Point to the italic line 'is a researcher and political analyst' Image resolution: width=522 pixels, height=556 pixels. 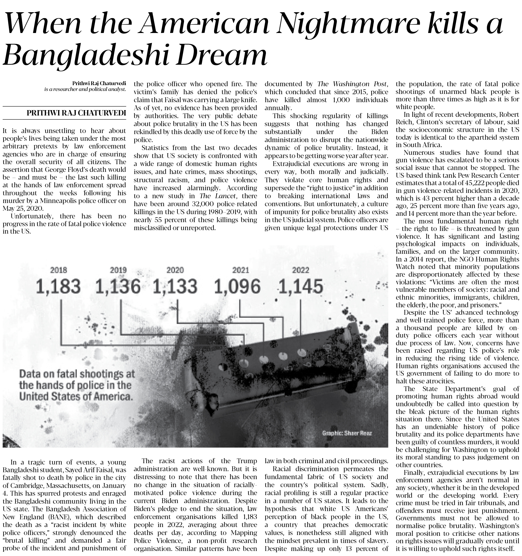coord(85,90)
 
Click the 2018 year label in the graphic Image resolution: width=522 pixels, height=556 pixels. coord(59,270)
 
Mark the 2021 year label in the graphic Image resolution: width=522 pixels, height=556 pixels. coord(241,270)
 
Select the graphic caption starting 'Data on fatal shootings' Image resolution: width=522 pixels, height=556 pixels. coord(77,385)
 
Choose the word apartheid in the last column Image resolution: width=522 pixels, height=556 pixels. coord(481,137)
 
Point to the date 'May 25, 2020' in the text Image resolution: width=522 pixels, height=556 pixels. coord(23,209)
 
